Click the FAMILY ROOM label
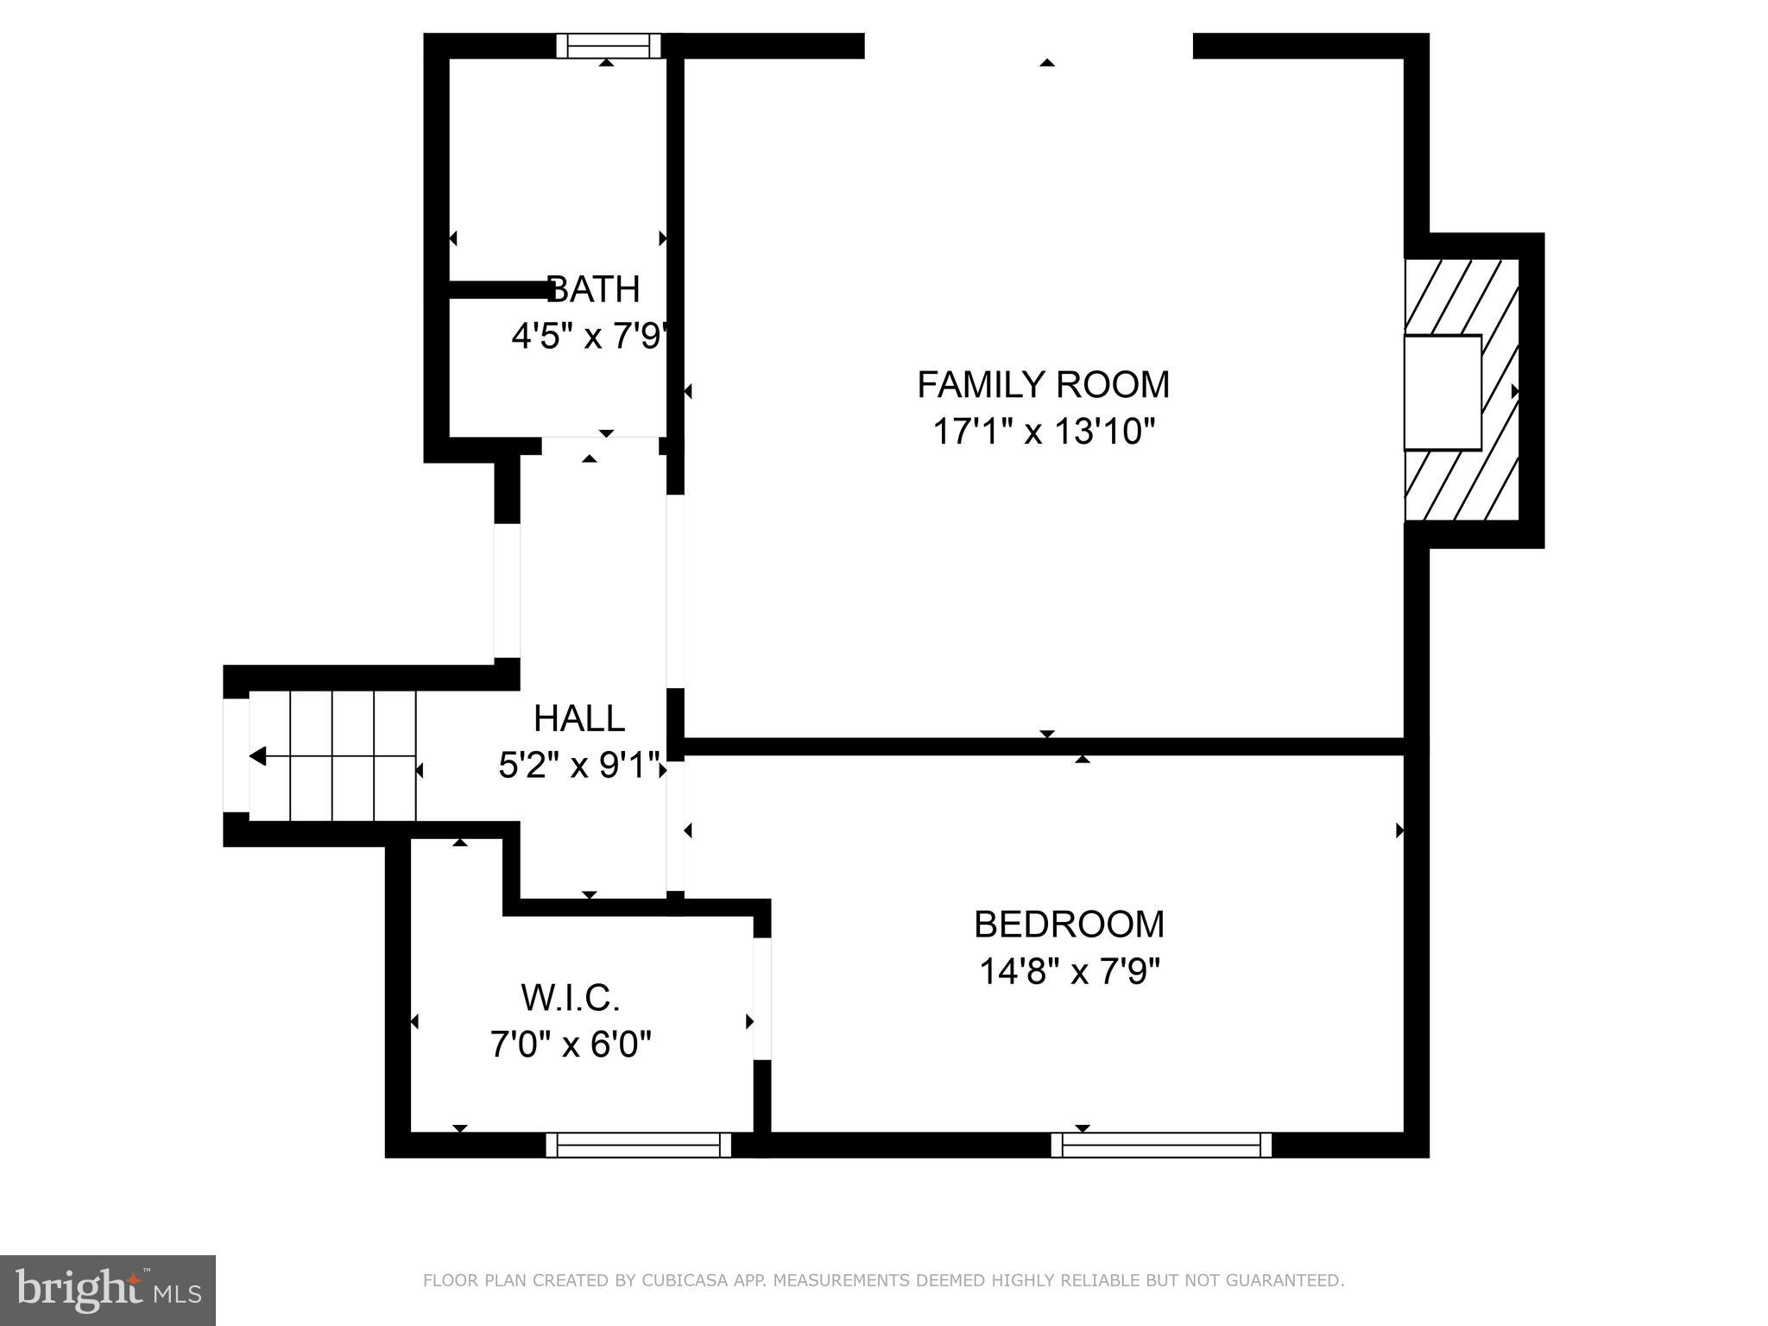pyautogui.click(x=1043, y=385)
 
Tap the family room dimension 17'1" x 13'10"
pyautogui.click(x=1043, y=431)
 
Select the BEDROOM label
pyautogui.click(x=1069, y=925)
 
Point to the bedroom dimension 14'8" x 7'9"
pyautogui.click(x=1069, y=972)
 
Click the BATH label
pyautogui.click(x=594, y=290)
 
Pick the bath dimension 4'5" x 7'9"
pyautogui.click(x=590, y=336)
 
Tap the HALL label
pyautogui.click(x=579, y=719)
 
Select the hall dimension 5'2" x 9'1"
pyautogui.click(x=579, y=765)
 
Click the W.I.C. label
pyautogui.click(x=571, y=999)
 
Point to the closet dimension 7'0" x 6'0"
pyautogui.click(x=571, y=1045)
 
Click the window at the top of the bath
pyautogui.click(x=608, y=46)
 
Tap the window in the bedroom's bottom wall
pyautogui.click(x=1161, y=1145)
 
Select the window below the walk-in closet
pyautogui.click(x=639, y=1145)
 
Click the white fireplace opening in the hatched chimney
pyautogui.click(x=1442, y=392)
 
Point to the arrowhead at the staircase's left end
pyautogui.click(x=257, y=757)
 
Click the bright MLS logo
pyautogui.click(x=108, y=1291)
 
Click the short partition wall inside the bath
pyautogui.click(x=499, y=290)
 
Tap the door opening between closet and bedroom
pyautogui.click(x=761, y=998)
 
